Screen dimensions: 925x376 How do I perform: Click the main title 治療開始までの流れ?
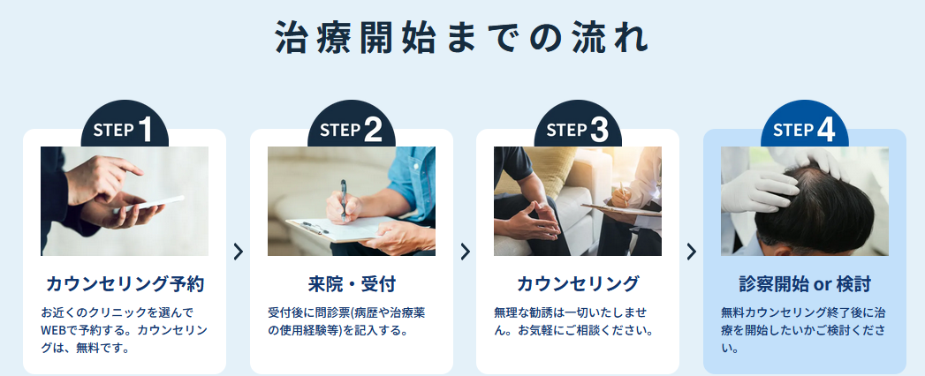462,38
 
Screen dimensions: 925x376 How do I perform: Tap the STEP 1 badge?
125,125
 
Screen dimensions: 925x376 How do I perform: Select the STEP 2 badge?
351,125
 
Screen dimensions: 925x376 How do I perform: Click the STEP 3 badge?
578,125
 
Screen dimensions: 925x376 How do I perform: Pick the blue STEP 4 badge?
805,125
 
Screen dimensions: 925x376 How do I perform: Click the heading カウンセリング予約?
125,284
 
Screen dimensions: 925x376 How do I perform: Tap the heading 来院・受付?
352,284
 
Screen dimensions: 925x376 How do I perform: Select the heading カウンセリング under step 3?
578,284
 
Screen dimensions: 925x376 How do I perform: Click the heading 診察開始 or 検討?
805,284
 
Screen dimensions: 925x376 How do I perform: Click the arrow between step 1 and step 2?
238,252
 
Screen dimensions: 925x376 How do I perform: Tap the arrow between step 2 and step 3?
465,252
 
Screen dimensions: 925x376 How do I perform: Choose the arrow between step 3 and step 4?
692,252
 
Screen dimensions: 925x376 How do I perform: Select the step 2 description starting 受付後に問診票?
346,321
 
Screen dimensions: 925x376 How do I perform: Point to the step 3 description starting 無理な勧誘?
573,321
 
